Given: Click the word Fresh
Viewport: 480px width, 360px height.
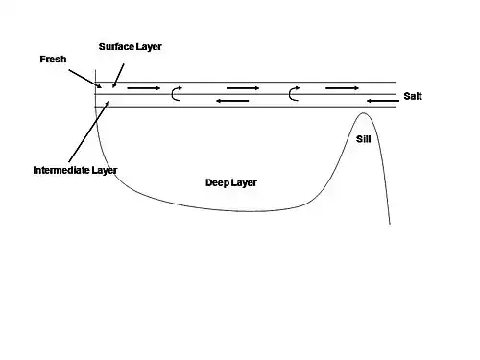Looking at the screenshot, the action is (53, 60).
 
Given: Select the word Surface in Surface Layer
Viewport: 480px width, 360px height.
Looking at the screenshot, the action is (116, 46).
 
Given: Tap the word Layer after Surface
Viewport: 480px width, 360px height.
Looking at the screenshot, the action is (149, 47).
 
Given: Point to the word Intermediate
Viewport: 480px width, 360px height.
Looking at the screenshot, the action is (61, 170).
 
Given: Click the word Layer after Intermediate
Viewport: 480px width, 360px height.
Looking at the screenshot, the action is (105, 171).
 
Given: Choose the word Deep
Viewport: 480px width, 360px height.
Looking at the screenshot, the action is (217, 183).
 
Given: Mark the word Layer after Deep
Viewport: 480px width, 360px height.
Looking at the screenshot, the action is (244, 183).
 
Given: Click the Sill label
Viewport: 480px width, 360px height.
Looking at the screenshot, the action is (364, 139).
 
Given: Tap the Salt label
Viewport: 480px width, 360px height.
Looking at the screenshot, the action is (413, 96).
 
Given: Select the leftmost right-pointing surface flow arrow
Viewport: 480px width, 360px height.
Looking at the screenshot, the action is (144, 88).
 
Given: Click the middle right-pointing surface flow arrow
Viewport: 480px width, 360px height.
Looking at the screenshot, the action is (243, 88).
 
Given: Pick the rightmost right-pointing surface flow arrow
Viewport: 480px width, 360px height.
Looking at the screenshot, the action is (342, 88).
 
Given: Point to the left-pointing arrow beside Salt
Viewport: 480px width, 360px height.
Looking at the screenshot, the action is (383, 101).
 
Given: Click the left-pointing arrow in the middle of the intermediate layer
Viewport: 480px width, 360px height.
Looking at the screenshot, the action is (232, 101).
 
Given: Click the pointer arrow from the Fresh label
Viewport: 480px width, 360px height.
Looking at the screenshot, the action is (85, 79).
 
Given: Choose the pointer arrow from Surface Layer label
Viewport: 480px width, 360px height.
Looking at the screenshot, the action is (118, 76).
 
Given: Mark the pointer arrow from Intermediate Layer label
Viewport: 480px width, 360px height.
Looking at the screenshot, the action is (89, 132).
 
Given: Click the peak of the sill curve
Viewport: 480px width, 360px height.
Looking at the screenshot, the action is (363, 112).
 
